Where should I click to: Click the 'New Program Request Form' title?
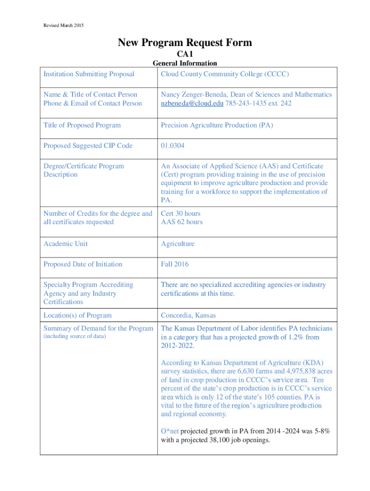pyautogui.click(x=185, y=43)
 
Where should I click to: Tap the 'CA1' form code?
pyautogui.click(x=185, y=54)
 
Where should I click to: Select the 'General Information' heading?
pyautogui.click(x=185, y=63)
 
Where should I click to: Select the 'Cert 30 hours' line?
pyautogui.click(x=181, y=213)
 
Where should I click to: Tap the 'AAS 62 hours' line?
pyautogui.click(x=182, y=222)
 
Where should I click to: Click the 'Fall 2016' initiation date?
pyautogui.click(x=175, y=264)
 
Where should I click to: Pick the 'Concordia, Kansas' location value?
pyautogui.click(x=188, y=316)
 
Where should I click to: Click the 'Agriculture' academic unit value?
pyautogui.click(x=178, y=244)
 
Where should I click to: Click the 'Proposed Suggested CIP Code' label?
pyautogui.click(x=88, y=146)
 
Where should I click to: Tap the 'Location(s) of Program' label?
pyautogui.click(x=77, y=316)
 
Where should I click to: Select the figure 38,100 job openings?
pyautogui.click(x=240, y=439)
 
